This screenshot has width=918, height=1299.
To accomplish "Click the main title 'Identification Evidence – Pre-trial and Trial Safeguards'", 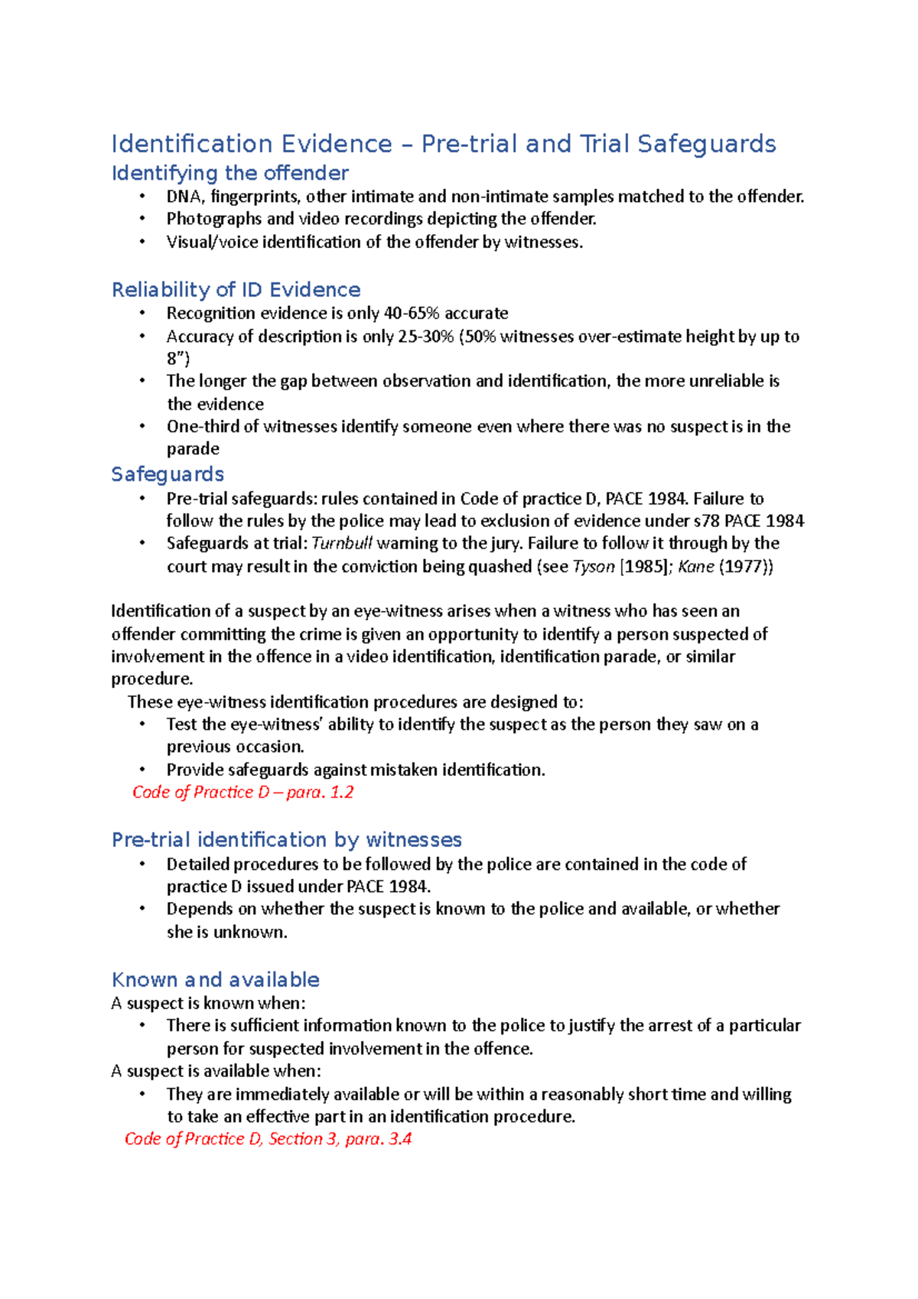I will (443, 144).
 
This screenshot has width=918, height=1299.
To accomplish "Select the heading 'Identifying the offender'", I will (229, 173).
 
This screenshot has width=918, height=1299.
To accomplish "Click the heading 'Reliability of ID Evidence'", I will (236, 290).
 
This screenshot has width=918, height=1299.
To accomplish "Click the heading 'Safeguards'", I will (168, 474).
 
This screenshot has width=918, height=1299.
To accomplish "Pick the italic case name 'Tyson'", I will (593, 567).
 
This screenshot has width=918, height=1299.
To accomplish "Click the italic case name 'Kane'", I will (695, 567).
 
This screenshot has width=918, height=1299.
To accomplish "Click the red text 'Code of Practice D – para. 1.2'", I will (243, 792).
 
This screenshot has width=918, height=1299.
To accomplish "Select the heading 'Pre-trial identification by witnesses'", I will (286, 840).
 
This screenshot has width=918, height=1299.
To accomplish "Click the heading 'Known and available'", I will (215, 980).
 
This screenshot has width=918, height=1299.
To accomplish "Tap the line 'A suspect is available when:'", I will (216, 1071).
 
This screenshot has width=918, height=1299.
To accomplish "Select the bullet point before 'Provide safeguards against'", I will (142, 770).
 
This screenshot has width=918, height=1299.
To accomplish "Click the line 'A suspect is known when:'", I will (208, 1003).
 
